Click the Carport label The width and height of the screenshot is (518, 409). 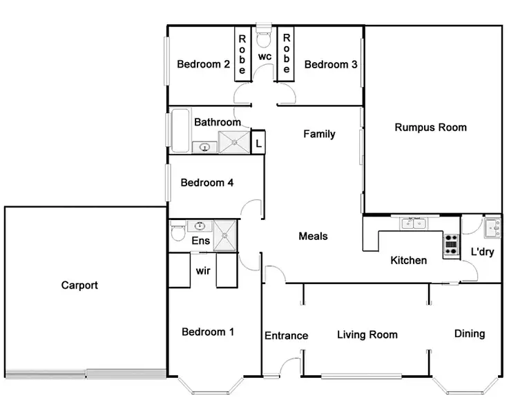[79, 285]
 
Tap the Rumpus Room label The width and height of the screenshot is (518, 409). [430, 127]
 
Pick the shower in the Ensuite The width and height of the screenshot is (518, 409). [224, 234]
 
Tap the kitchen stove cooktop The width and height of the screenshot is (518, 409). [451, 245]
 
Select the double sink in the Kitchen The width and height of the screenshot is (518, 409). [415, 223]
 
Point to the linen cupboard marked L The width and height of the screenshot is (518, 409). [258, 143]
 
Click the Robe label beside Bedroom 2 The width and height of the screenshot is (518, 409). [242, 54]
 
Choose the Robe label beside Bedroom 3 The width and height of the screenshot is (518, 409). [287, 54]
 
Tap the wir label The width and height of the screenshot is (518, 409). [203, 271]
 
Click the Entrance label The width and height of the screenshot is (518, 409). [286, 335]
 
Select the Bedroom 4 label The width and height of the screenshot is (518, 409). [207, 183]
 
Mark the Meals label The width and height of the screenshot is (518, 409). [313, 236]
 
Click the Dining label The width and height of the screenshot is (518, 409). [469, 333]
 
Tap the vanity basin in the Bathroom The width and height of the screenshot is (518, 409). [204, 146]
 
